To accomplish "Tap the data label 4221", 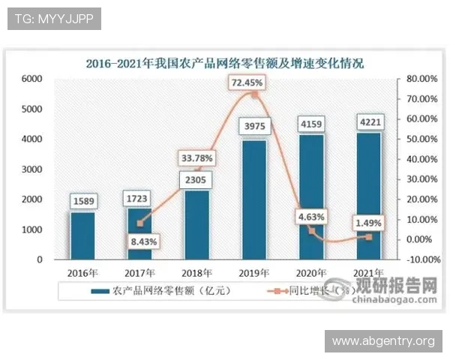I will [x=367, y=121].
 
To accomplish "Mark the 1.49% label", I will [x=367, y=223].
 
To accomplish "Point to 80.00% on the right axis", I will [x=421, y=79].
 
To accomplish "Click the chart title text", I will [x=225, y=63].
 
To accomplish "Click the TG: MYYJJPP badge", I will [x=53, y=18].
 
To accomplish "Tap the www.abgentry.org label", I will [x=383, y=341].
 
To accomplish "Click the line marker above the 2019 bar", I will [x=254, y=95].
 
